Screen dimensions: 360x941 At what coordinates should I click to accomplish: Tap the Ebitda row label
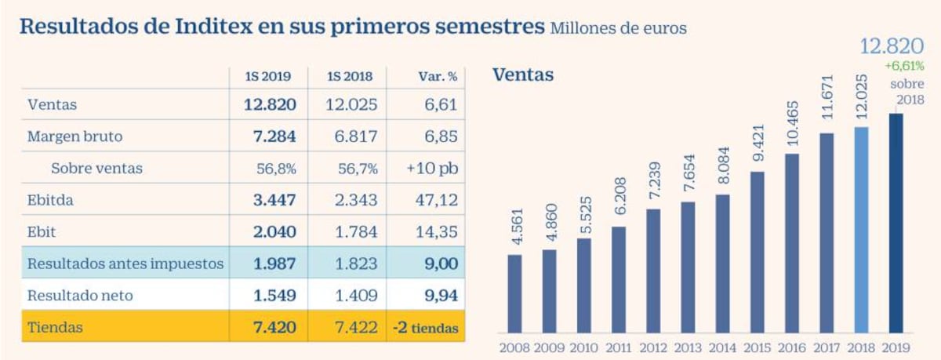coord(50,200)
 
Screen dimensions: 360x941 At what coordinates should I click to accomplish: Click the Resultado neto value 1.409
coord(358,296)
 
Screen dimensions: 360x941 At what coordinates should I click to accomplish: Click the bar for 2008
coord(514,293)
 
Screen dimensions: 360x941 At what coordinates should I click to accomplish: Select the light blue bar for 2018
coord(861,230)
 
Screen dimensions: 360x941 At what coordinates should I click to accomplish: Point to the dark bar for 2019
coord(896,223)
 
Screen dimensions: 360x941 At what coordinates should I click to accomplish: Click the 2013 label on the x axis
coord(688,346)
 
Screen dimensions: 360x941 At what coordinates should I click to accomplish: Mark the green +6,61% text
coord(905,67)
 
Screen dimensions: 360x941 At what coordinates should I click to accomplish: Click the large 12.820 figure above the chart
coord(892,46)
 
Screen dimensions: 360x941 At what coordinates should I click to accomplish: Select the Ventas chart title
coord(523,75)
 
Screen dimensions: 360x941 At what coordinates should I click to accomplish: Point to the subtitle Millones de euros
coord(619,29)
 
